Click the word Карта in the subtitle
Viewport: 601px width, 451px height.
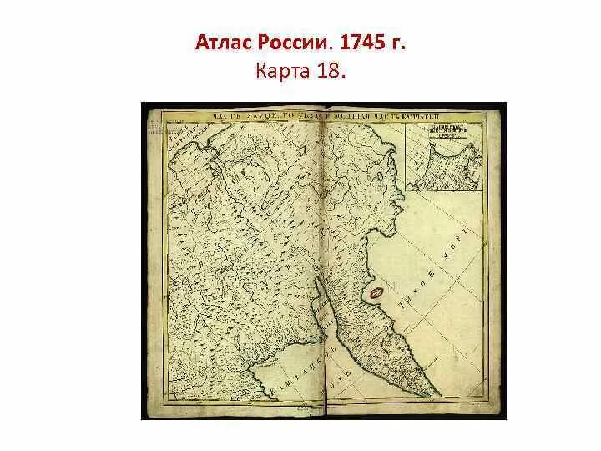click(x=284, y=73)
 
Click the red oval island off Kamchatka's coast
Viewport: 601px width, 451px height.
click(x=376, y=293)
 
